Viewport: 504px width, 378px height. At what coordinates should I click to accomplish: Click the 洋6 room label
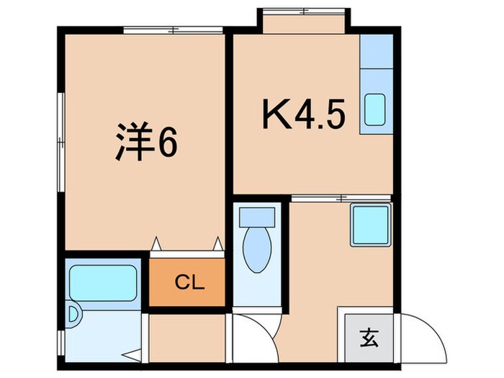146,142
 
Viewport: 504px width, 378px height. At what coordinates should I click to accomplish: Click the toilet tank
256,215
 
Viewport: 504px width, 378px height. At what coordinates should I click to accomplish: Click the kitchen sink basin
374,109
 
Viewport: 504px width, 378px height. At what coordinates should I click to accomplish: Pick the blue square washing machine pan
371,224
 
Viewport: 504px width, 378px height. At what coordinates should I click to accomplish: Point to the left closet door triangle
156,245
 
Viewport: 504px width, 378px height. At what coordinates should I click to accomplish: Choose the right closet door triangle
217,245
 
